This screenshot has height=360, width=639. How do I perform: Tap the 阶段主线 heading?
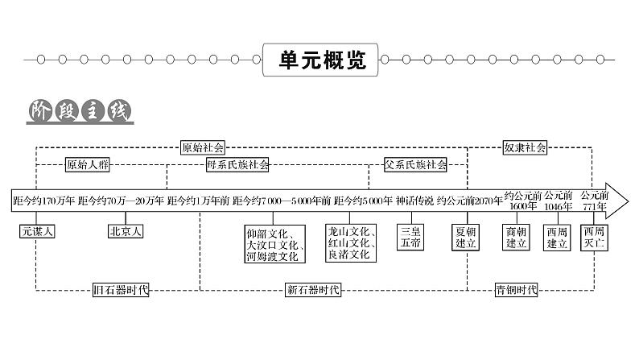[80, 110]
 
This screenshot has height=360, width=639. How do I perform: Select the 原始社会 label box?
[203, 147]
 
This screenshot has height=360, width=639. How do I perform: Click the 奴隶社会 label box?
[525, 147]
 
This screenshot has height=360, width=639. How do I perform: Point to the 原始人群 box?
[88, 165]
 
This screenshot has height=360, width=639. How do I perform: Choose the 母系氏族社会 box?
[237, 165]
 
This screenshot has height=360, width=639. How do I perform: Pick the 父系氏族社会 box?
[415, 165]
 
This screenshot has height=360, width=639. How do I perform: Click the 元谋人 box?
[37, 231]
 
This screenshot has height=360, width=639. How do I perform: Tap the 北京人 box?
[125, 231]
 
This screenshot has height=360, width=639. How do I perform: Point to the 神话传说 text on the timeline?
[414, 201]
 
